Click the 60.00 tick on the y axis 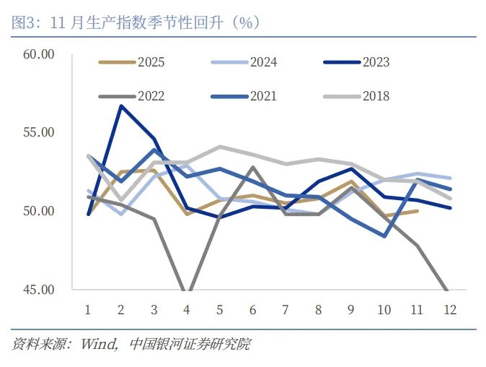[39, 54]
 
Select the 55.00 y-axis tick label [39, 133]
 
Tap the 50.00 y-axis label [39, 211]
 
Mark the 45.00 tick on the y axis [39, 290]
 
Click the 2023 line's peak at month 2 [121, 106]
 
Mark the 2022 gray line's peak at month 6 [252, 167]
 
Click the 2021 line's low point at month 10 [384, 236]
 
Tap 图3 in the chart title [25, 23]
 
